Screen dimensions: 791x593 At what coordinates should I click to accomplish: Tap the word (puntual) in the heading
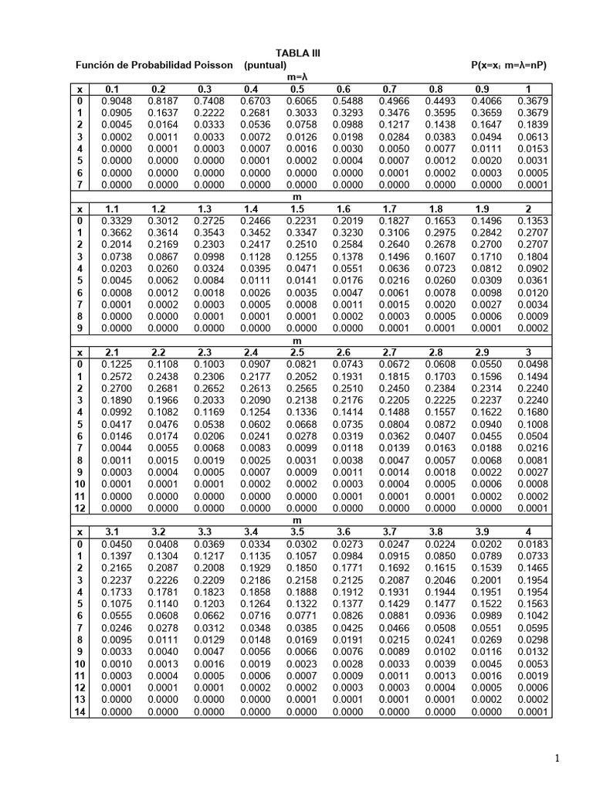266,66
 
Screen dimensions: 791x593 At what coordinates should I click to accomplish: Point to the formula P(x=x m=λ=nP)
508,66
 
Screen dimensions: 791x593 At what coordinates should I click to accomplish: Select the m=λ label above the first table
296,78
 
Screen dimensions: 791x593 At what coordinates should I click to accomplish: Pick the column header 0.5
296,90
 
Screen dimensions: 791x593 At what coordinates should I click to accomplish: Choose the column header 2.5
296,351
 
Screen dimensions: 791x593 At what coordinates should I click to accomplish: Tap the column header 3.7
390,532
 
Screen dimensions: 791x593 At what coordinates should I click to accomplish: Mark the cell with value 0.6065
296,101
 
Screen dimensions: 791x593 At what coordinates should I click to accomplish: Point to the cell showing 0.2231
296,221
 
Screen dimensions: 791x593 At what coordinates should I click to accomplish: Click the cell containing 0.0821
296,363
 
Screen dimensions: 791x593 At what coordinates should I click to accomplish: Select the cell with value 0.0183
531,545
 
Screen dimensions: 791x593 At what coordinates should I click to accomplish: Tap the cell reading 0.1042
531,616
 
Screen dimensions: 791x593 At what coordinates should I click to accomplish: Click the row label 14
80,711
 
